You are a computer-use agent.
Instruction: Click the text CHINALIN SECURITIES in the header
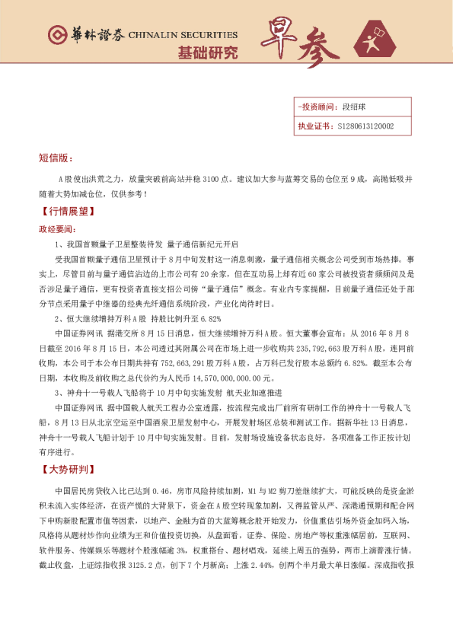(x=183, y=35)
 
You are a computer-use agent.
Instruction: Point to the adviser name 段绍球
(x=355, y=108)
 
